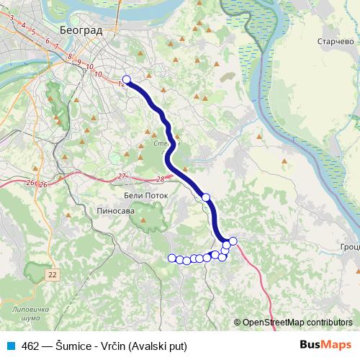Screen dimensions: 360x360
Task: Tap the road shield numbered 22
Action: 53,274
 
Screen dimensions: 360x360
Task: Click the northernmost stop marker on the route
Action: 127,80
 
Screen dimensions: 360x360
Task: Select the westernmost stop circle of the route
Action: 171,258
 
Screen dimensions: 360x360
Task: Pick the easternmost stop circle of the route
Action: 233,240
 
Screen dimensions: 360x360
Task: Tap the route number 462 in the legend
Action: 32,346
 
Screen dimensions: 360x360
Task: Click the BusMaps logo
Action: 325,345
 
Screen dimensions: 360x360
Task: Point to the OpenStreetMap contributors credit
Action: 297,323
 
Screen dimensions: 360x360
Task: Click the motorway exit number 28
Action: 159,179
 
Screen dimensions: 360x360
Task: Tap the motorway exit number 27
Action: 122,176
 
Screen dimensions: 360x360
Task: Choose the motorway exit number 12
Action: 120,84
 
